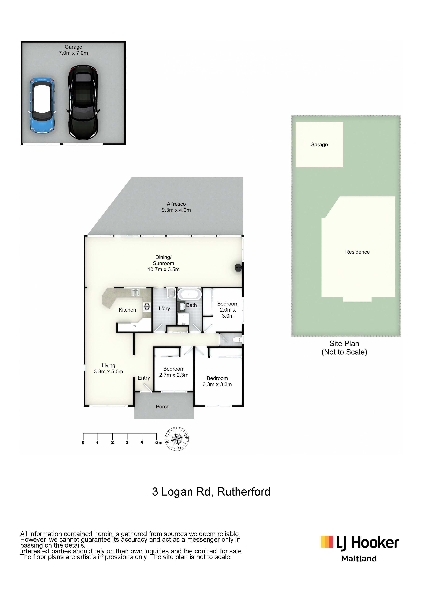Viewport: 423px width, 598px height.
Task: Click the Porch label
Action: [x=163, y=407]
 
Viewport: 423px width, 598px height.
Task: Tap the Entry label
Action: [x=144, y=378]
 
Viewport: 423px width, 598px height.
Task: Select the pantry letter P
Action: [x=134, y=327]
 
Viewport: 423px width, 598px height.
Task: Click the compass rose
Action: [x=177, y=439]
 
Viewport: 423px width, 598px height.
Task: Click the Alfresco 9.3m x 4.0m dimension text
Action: [x=176, y=210]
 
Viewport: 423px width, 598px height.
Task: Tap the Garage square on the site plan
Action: [x=319, y=145]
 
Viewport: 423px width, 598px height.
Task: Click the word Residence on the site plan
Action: [x=357, y=252]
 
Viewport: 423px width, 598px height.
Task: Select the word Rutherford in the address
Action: [x=244, y=492]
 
